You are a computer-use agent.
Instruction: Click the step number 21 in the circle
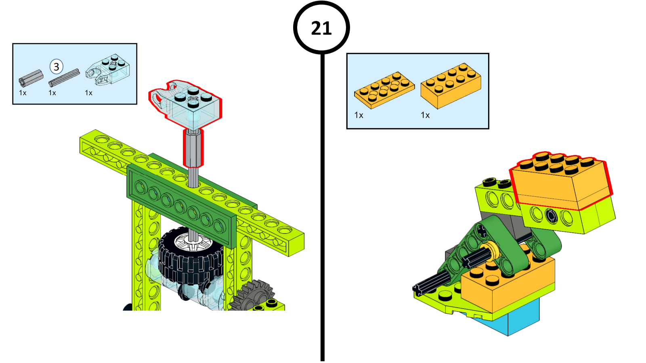pos(321,28)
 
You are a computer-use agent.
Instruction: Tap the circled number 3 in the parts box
pos(57,67)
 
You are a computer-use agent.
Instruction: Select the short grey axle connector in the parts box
pos(31,78)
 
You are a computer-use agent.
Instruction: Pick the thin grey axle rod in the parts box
pos(64,77)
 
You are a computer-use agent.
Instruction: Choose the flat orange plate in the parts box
pos(384,90)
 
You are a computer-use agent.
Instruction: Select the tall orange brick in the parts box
pos(451,86)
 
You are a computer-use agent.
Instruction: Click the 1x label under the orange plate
pos(359,115)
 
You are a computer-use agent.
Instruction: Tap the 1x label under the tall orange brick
pos(425,115)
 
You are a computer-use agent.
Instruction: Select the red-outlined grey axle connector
pos(193,148)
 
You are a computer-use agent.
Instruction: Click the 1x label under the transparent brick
pos(88,93)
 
